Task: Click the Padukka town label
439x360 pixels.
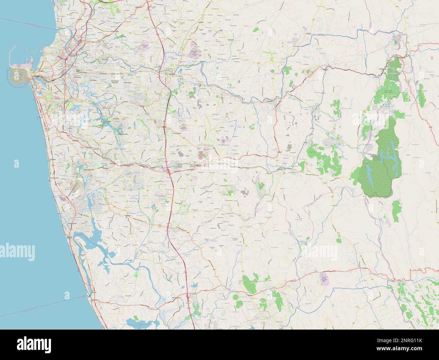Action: pos(279,169)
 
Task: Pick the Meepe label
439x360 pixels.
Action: pos(280,152)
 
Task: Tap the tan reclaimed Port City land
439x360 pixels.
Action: pos(20,75)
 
